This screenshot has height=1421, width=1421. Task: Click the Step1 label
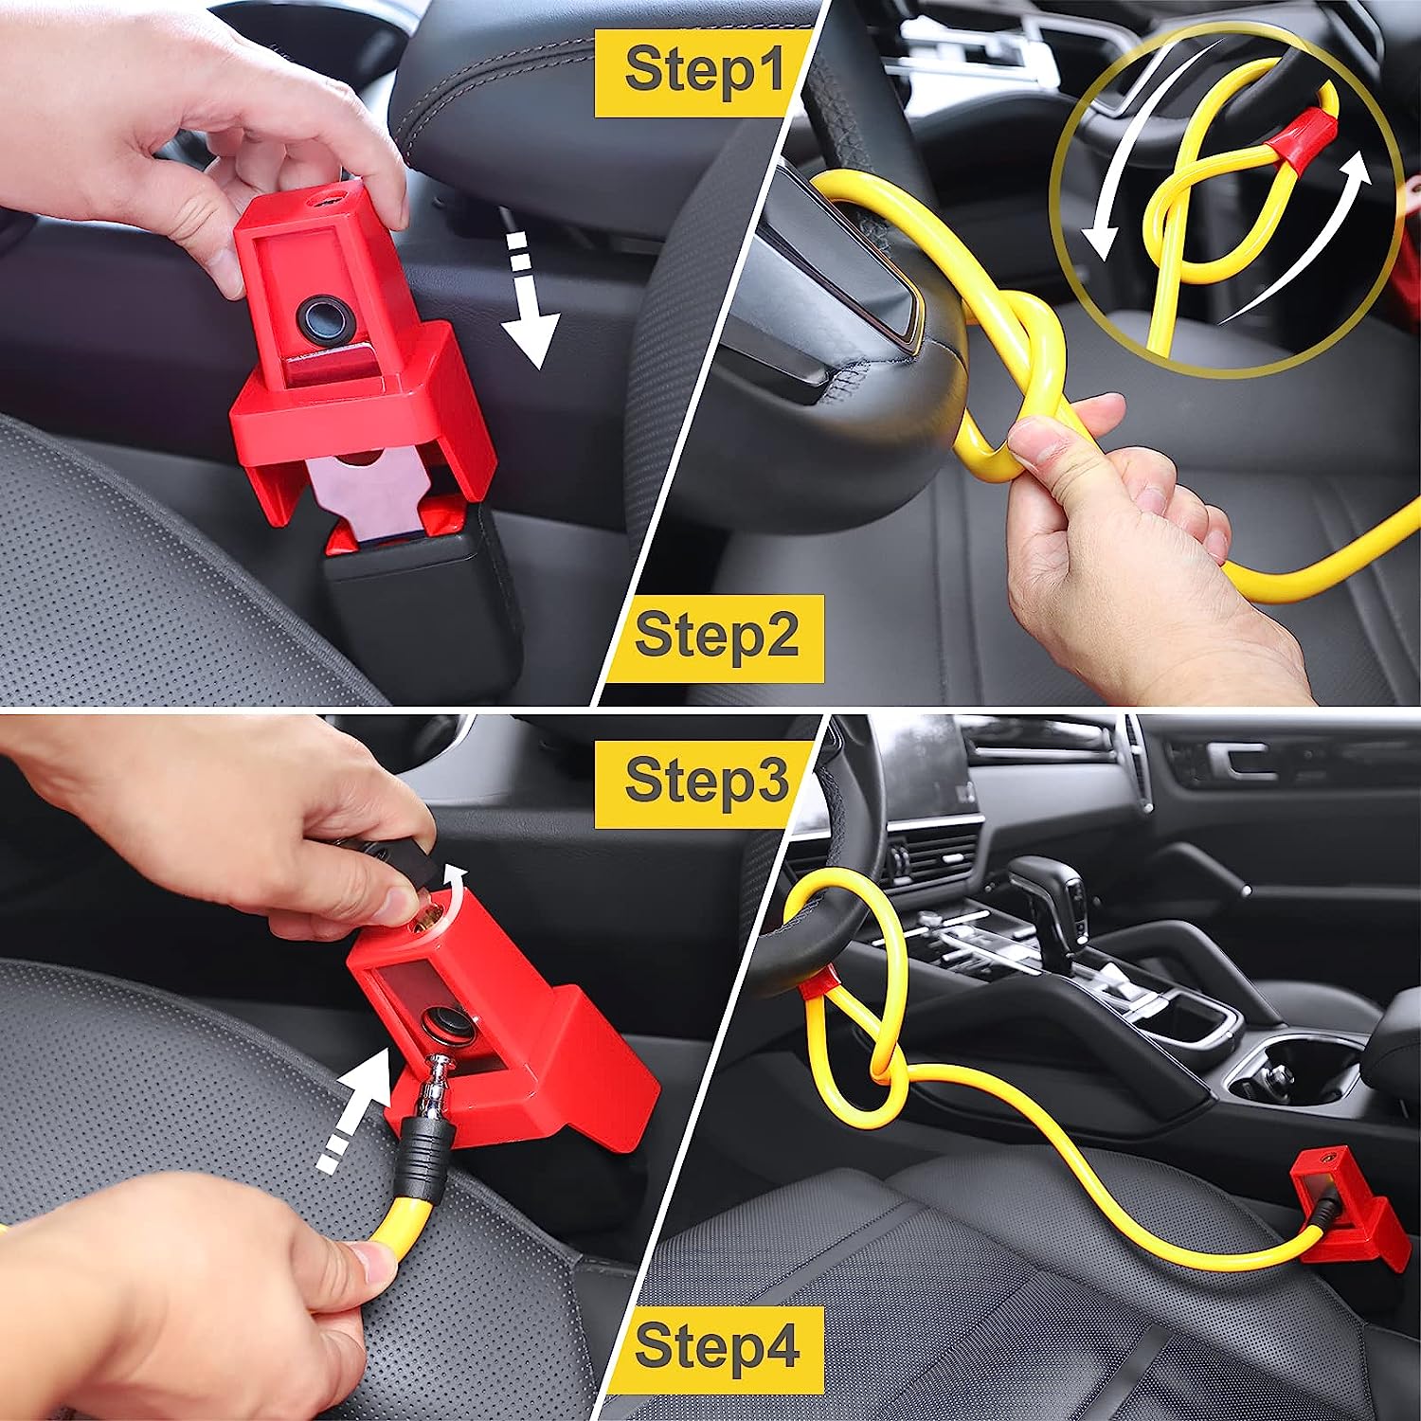tap(703, 72)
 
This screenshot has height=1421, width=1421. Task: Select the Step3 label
tap(705, 782)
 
